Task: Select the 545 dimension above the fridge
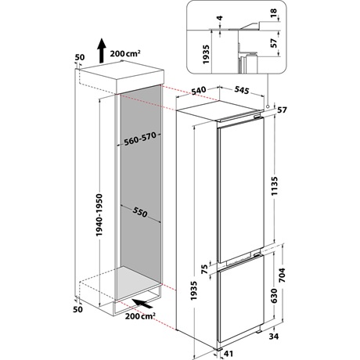[242, 91]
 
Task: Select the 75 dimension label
[204, 268]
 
